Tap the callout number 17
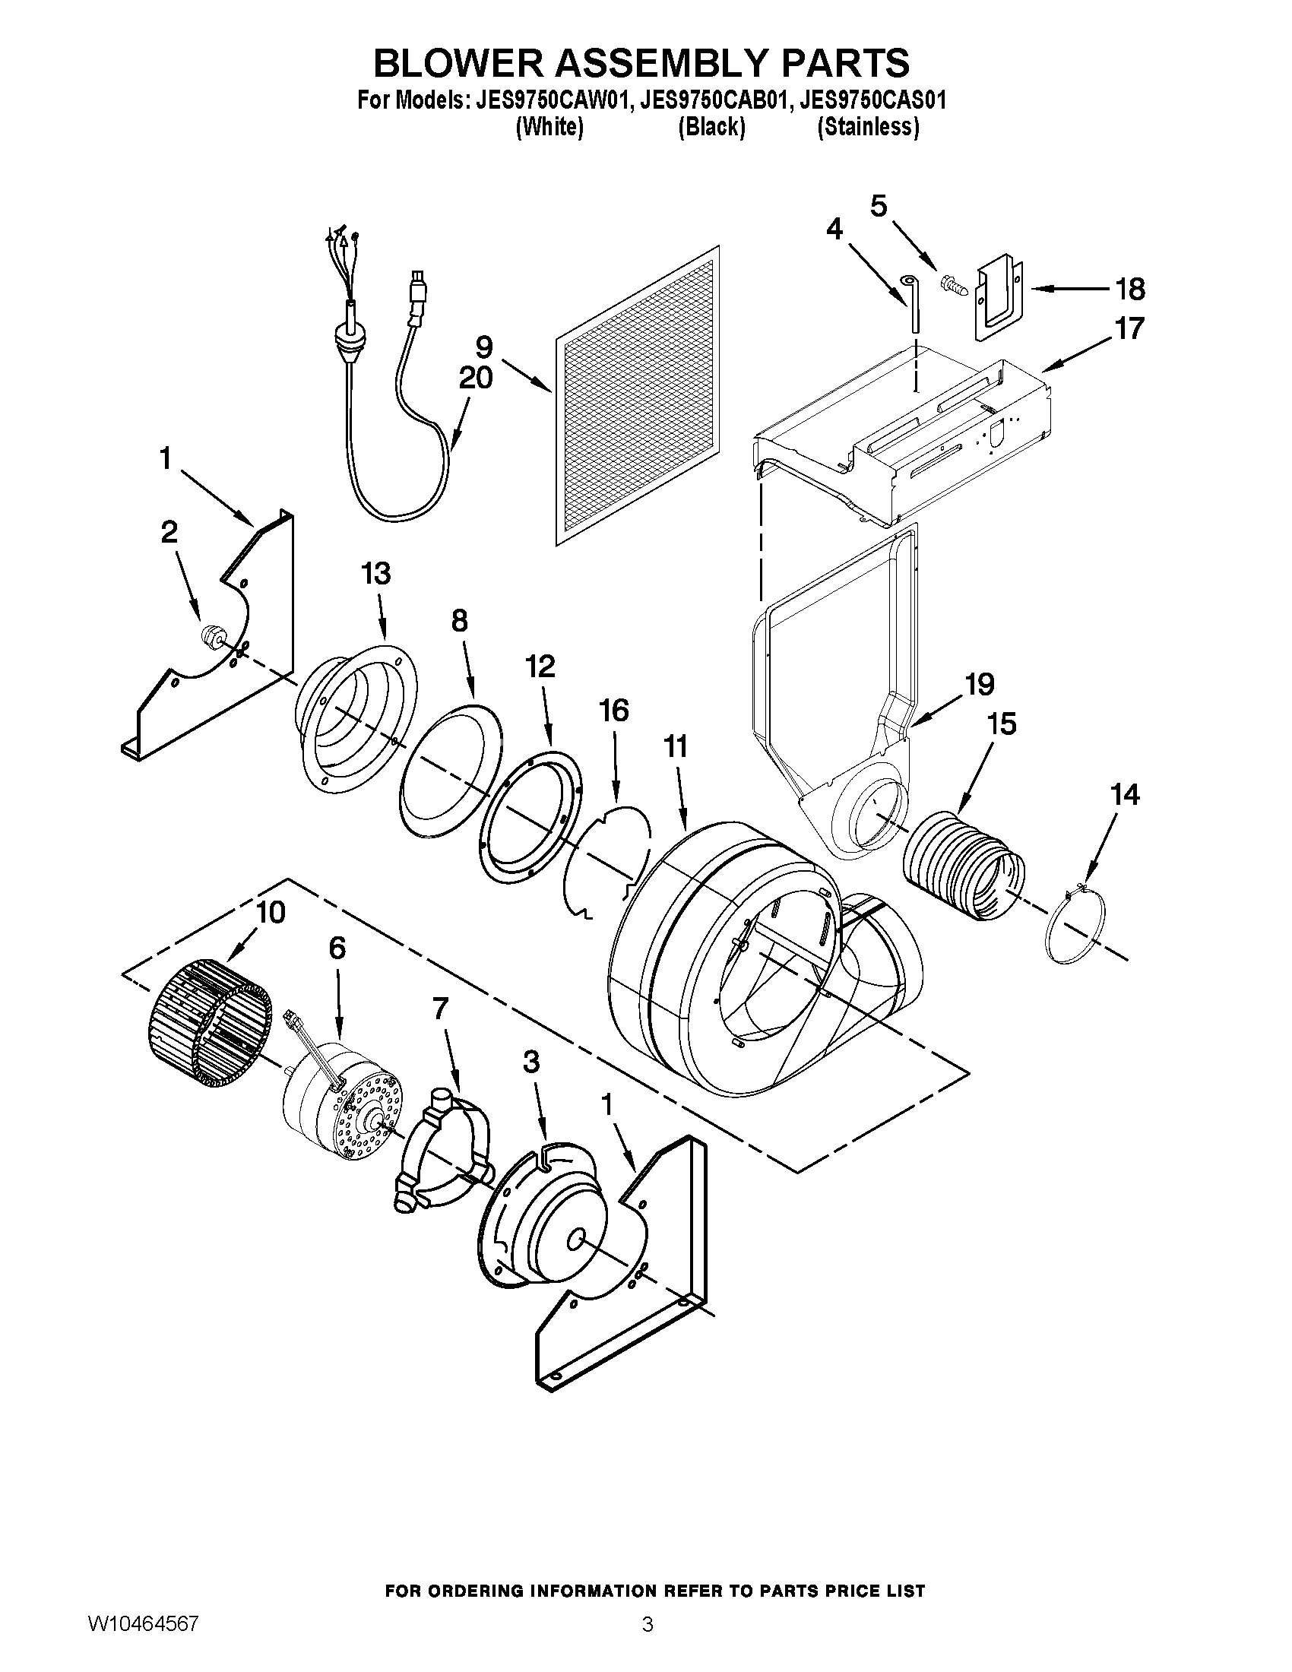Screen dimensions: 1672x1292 coord(1128,329)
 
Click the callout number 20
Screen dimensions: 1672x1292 coord(475,378)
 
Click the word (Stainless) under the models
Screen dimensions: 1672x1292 coord(868,127)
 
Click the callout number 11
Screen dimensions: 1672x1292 coord(675,746)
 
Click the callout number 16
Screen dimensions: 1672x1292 coord(614,711)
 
